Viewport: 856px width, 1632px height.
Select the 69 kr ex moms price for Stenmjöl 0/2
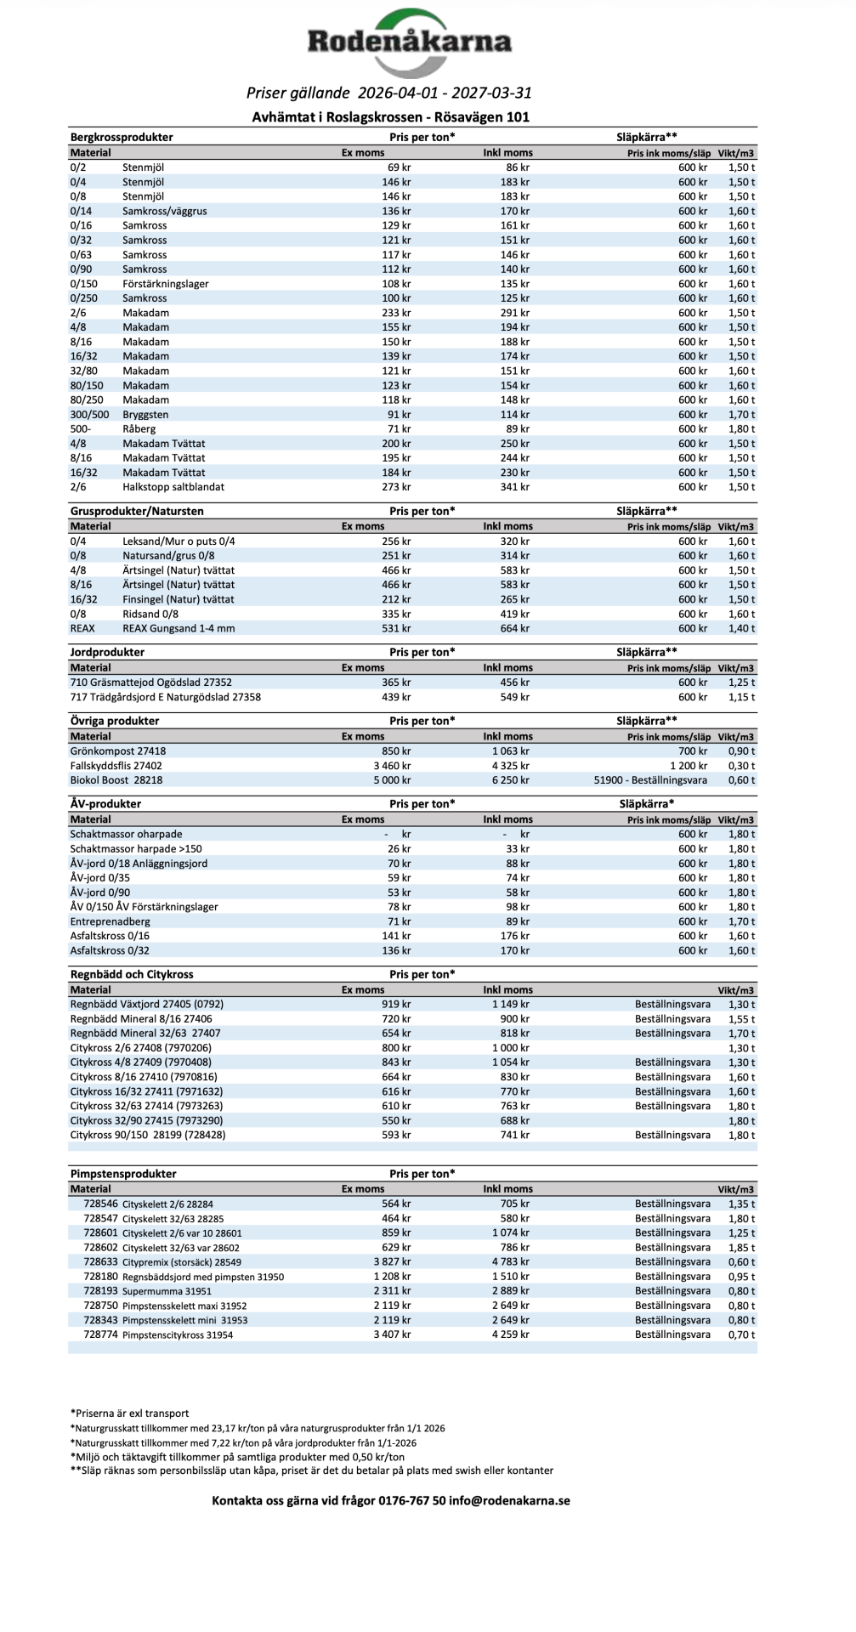[399, 167]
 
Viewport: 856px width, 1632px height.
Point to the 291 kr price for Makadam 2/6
[517, 313]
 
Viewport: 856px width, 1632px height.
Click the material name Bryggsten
[145, 415]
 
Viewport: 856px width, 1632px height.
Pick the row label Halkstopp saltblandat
[173, 487]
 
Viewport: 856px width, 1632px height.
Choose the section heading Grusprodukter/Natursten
[137, 511]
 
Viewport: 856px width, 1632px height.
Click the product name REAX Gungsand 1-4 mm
[179, 628]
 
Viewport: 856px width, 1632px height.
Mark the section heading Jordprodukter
[107, 652]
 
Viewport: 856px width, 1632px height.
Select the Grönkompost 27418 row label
[118, 751]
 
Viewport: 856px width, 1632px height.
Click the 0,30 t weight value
[741, 765]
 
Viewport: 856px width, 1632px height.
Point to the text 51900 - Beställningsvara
[652, 779]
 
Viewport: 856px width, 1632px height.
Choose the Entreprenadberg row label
[110, 921]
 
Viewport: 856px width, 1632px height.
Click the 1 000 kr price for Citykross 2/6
[510, 1048]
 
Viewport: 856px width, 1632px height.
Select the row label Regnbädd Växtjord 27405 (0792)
[147, 1004]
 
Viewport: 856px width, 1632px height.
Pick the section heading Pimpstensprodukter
[123, 1173]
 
